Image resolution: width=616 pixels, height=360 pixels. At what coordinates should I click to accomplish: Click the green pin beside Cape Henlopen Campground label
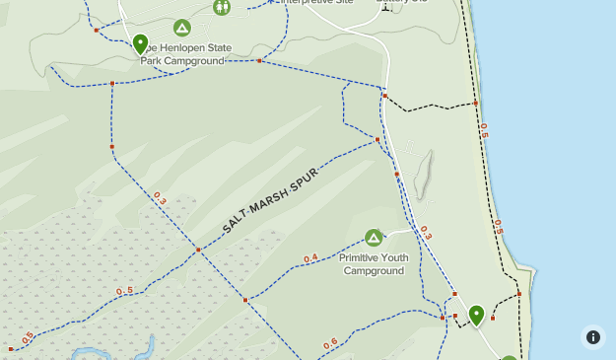tap(140, 43)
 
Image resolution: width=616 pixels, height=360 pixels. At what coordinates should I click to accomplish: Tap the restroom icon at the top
tap(221, 8)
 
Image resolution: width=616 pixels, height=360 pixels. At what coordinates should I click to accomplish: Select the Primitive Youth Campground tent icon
tap(374, 238)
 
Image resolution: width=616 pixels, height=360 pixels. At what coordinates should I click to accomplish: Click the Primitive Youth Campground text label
tap(373, 264)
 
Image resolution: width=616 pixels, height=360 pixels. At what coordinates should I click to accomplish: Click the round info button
tap(592, 336)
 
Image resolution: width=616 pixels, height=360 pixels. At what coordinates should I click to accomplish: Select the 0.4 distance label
tap(310, 258)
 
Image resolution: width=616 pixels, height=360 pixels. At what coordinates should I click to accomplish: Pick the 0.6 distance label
tap(329, 343)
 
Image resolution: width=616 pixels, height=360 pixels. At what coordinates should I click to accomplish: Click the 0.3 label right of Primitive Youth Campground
tap(426, 233)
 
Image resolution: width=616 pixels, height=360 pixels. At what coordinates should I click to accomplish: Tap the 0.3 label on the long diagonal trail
tap(160, 199)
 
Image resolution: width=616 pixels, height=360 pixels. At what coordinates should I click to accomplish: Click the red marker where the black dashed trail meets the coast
tap(475, 103)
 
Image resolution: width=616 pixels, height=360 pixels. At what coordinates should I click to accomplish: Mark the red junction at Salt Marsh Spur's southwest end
tap(198, 251)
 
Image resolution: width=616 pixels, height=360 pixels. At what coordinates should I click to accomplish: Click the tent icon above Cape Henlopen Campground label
tap(181, 28)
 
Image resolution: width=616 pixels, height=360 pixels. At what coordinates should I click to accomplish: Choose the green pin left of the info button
tap(476, 315)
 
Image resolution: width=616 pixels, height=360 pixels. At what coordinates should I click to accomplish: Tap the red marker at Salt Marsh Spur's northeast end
tap(377, 140)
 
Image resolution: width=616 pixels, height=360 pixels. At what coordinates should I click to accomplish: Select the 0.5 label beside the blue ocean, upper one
tap(483, 128)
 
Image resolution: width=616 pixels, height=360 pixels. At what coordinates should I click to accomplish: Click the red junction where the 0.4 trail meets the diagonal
tap(245, 299)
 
